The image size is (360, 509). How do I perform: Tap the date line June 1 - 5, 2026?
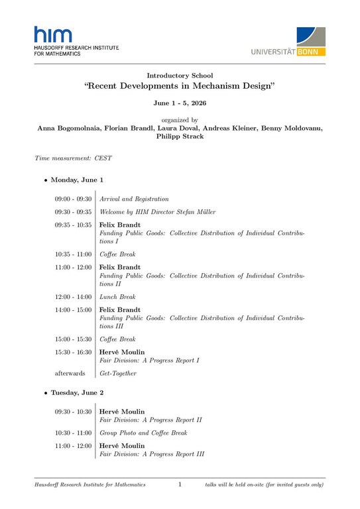pos(180,104)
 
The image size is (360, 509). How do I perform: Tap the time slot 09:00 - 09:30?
pos(73,199)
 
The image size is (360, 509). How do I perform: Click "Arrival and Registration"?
pos(134,199)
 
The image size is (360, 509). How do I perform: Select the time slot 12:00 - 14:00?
pos(73,297)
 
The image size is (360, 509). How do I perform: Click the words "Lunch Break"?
pos(117,297)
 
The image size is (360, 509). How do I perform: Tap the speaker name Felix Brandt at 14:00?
pos(120,310)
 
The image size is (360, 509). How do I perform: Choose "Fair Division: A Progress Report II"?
pos(150,420)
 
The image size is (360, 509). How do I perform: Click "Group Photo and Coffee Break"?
pos(143,433)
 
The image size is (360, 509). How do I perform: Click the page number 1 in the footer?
pos(180,485)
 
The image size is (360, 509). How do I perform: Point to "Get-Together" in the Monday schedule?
pos(118,373)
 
